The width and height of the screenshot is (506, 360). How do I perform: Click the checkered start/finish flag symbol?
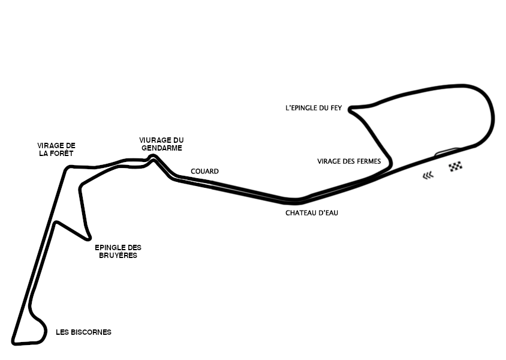[x=455, y=167]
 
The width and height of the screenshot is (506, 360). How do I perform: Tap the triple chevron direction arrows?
[x=428, y=175]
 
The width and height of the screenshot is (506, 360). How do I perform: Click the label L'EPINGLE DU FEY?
[x=314, y=108]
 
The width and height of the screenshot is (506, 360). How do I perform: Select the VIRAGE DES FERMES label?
[x=349, y=161]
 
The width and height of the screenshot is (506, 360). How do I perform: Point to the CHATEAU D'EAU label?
[x=312, y=213]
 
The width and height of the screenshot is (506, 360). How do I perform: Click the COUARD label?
[x=204, y=171]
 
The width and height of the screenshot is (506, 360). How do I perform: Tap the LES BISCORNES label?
[x=83, y=332]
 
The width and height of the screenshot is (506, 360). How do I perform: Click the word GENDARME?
[x=162, y=148]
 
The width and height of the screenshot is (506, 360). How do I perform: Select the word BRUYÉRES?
[x=118, y=255]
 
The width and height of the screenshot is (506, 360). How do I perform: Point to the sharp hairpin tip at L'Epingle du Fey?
[x=350, y=109]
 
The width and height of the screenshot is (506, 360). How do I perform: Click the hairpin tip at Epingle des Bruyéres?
[x=88, y=238]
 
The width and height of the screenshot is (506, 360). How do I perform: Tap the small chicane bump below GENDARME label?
[x=153, y=157]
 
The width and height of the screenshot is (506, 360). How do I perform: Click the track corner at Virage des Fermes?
[x=390, y=163]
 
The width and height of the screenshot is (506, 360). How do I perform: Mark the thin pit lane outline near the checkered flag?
[x=447, y=151]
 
